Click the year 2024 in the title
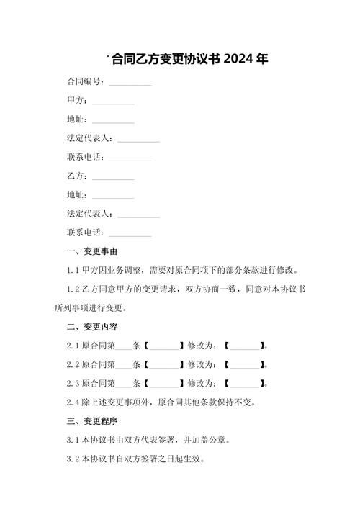[238, 59]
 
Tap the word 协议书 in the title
[203, 59]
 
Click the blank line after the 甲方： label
[114, 102]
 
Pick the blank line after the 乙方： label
[114, 177]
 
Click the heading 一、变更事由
[91, 251]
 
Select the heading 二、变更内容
[91, 326]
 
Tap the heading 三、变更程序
[91, 420]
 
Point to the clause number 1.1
[71, 270]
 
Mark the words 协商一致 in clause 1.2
[211, 289]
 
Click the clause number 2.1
[71, 346]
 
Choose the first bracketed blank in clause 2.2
[163, 364]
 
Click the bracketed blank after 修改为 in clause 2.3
[244, 383]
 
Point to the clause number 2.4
[71, 402]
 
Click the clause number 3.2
[71, 458]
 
